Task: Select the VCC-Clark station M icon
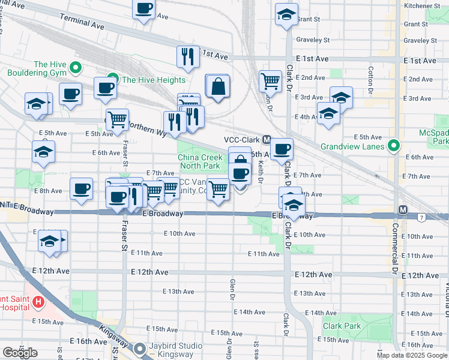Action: click(267, 139)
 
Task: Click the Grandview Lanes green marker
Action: click(393, 145)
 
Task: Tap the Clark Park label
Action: click(342, 326)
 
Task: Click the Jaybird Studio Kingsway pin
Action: click(140, 347)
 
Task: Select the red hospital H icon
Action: click(38, 301)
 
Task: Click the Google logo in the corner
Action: click(19, 352)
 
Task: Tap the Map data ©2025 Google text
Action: click(412, 355)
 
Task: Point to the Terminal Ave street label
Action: click(82, 23)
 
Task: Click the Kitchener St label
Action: click(423, 5)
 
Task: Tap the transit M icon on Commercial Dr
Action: click(403, 209)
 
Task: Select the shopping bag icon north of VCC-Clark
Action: click(217, 86)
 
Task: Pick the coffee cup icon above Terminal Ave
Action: click(143, 9)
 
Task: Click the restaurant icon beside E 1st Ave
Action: click(188, 56)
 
